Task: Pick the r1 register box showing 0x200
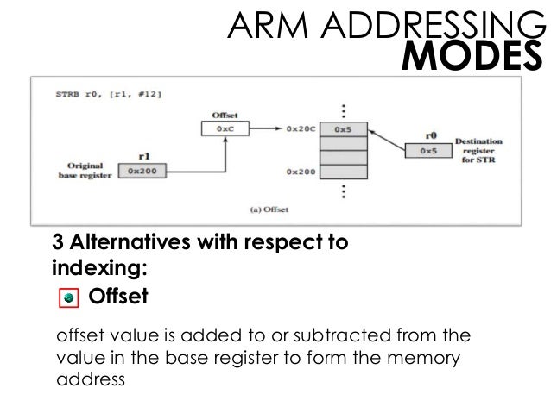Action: [x=140, y=172]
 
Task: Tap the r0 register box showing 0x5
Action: [x=427, y=150]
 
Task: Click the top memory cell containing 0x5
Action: [x=343, y=130]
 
